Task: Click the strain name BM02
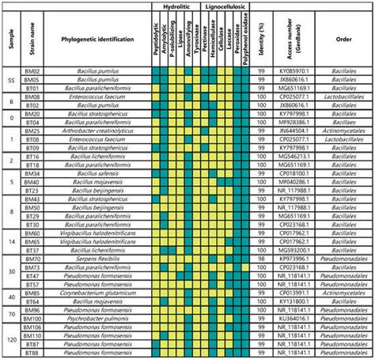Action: coord(32,71)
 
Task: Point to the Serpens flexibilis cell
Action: coord(100,257)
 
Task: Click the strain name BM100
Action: coord(32,319)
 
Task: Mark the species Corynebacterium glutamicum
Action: coord(100,293)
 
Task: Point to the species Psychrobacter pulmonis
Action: coord(100,319)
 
